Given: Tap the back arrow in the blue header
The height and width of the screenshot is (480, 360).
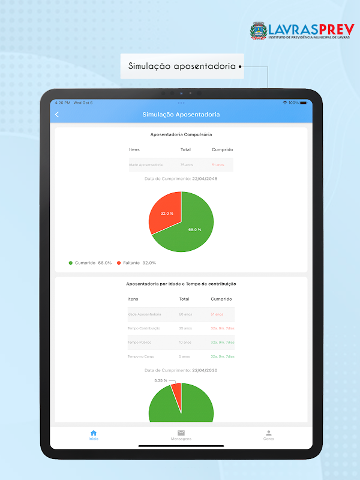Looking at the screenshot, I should (57, 115).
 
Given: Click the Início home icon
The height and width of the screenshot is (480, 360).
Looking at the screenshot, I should (94, 433).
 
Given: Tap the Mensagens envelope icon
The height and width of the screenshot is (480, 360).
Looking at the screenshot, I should (181, 433).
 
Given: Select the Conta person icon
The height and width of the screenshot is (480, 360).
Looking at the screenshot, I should (269, 433).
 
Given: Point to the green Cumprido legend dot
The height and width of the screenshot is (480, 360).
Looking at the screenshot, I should (71, 263).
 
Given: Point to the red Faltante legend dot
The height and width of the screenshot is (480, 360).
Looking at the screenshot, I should (119, 263).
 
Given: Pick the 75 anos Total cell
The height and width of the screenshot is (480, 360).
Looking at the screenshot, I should (185, 164).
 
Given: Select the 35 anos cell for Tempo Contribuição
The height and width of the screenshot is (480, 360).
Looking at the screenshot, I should (185, 328).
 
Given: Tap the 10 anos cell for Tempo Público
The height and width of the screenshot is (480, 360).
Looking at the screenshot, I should (185, 342).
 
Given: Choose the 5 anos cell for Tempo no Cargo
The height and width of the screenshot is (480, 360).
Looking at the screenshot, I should (184, 356).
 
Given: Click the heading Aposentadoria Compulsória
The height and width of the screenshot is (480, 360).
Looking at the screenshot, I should (181, 134).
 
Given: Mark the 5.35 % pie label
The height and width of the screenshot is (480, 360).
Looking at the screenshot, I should (160, 380).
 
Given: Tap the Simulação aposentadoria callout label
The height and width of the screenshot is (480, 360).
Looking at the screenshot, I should (181, 67).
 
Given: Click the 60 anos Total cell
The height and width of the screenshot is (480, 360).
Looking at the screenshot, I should (185, 314).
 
